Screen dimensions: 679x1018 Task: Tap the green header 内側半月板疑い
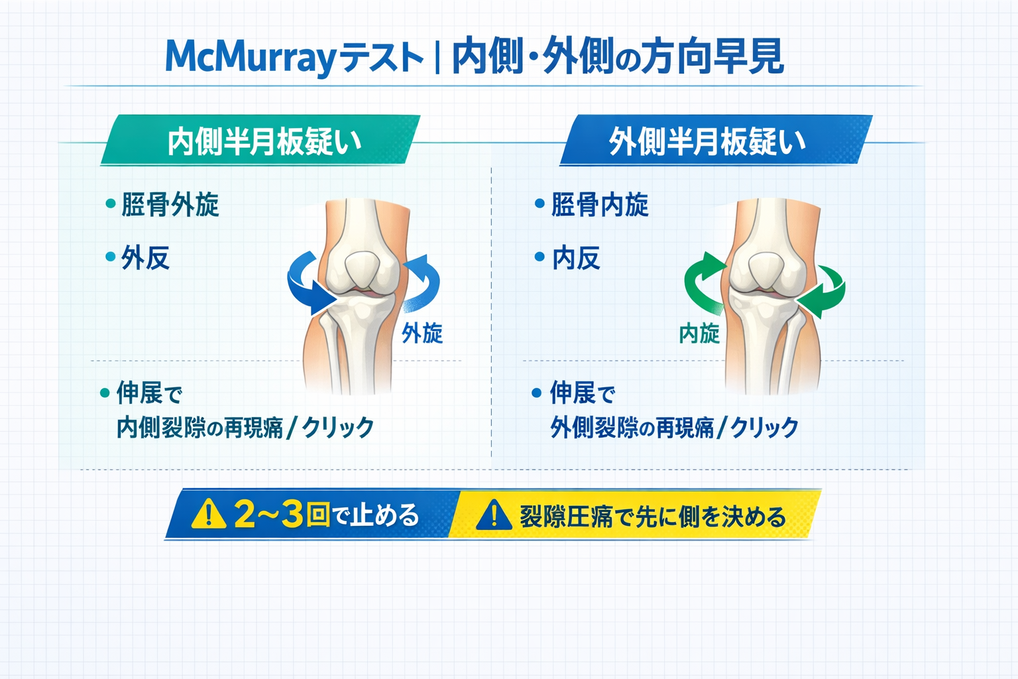(264, 141)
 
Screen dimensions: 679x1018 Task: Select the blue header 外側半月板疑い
(707, 141)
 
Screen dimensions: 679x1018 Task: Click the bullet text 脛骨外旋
(170, 205)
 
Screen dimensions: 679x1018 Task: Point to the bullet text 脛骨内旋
(599, 205)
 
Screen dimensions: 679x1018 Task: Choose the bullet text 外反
(145, 258)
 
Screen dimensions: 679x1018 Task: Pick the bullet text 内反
(576, 258)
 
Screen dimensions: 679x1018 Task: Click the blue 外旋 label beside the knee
(422, 333)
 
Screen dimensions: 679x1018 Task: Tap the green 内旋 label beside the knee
(699, 333)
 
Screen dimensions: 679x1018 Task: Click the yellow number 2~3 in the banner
(268, 514)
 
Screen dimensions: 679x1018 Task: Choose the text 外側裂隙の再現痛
(632, 428)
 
